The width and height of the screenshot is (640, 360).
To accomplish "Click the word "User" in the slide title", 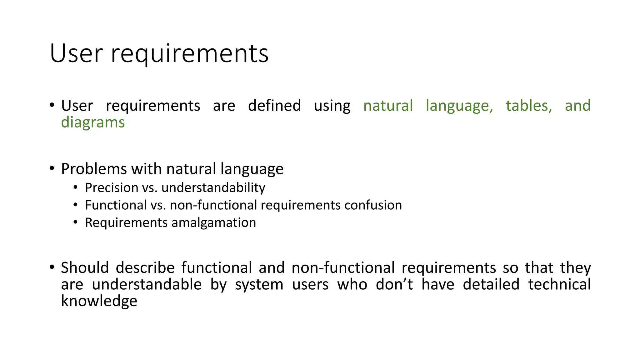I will tap(76, 54).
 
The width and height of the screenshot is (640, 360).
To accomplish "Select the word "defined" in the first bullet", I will tap(274, 106).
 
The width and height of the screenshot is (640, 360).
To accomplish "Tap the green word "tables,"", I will tap(529, 106).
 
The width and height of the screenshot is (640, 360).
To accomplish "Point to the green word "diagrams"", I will tap(93, 122).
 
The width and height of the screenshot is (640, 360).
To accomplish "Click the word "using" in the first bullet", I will tap(332, 106).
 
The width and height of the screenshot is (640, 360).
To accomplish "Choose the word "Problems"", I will tap(94, 169).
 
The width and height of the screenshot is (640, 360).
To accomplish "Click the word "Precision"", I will tap(112, 188).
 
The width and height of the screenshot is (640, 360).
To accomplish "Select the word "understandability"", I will tap(213, 188).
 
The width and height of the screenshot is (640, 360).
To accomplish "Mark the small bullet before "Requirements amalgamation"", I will tap(75, 222).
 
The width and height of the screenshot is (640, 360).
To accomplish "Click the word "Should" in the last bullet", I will tap(85, 268).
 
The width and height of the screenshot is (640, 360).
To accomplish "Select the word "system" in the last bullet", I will tap(259, 285).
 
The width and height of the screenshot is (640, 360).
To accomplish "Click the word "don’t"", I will tap(394, 284).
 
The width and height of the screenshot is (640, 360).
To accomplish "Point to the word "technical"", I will tap(559, 284).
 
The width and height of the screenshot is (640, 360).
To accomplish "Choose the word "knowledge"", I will tap(99, 301).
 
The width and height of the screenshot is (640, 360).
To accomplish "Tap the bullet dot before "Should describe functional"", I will tap(52, 267).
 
